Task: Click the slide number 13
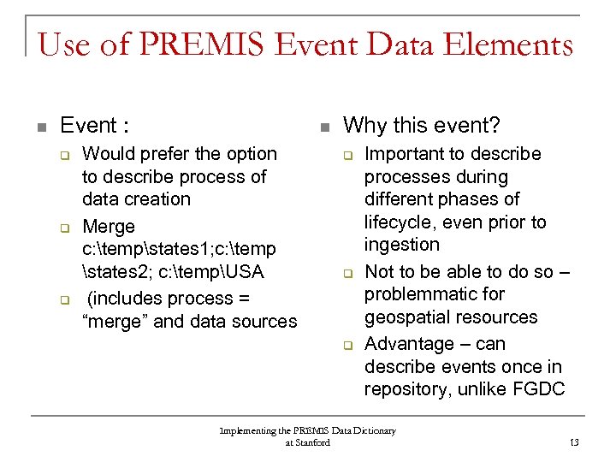point(573,442)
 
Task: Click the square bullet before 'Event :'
point(40,127)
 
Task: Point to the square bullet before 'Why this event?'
point(323,127)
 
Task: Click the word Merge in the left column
point(109,227)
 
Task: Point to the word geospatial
point(406,317)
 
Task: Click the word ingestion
point(401,245)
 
